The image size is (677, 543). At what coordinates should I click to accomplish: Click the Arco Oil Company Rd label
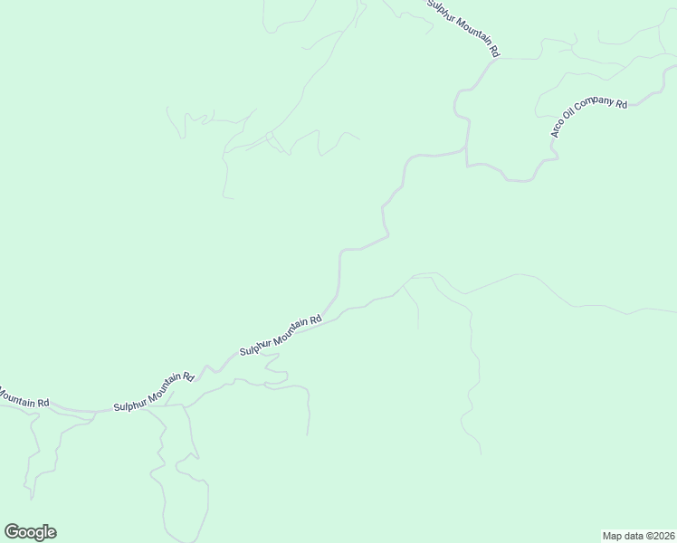[x=588, y=119]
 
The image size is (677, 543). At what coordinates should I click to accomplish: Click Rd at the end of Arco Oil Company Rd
[x=621, y=104]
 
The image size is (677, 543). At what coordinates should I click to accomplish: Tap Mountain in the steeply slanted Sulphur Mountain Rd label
[x=468, y=31]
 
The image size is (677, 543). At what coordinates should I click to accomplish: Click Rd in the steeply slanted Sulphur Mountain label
[x=494, y=52]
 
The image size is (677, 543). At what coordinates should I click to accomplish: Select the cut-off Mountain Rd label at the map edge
[x=24, y=398]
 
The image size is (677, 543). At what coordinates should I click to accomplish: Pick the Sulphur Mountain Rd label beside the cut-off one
[x=154, y=393]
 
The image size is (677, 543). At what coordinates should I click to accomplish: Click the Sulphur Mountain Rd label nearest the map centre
[x=281, y=335]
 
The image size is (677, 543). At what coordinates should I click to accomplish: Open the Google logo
[x=30, y=532]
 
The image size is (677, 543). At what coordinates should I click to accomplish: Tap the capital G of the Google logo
[x=12, y=531]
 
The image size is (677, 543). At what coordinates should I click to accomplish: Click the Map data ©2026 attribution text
[x=638, y=535]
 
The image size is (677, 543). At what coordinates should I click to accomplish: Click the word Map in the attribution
[x=613, y=535]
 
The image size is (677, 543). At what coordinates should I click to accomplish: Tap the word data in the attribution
[x=632, y=535]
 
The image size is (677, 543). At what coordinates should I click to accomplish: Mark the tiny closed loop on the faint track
[x=269, y=136]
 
